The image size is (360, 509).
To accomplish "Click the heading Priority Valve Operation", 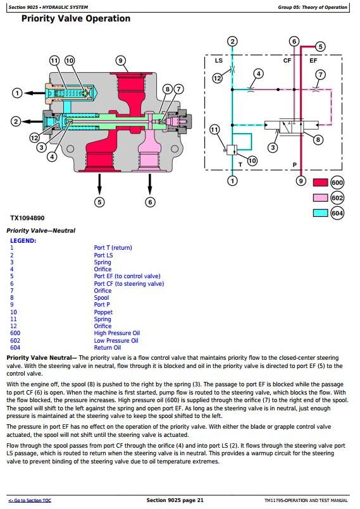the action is click(76, 18).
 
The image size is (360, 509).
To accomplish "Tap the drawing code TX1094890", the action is click(27, 218).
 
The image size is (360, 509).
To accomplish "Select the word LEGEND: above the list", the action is click(23, 241).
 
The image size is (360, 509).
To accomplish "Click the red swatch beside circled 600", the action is click(320, 183).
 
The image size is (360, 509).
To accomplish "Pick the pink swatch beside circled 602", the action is click(320, 198).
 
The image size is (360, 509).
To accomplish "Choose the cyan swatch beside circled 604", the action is click(320, 213).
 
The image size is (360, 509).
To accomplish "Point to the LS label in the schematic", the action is click(219, 61).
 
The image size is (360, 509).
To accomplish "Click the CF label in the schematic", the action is click(287, 61).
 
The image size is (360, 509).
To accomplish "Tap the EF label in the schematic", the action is click(313, 61).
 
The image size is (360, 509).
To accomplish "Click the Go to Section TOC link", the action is click(30, 501).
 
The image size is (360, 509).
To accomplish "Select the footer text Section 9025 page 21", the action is click(175, 500).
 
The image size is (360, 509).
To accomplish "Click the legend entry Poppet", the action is click(103, 312).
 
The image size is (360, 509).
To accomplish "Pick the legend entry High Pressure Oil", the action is click(117, 333).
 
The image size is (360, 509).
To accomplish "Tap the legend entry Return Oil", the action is click(107, 347).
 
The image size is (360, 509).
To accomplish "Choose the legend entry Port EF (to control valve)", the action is click(127, 276).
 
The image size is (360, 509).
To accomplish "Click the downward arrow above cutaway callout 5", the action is click(99, 185).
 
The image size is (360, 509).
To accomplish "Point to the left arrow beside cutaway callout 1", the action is click(35, 93).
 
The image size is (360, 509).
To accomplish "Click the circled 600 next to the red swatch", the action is click(337, 183).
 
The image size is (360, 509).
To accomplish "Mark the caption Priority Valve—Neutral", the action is click(41, 231).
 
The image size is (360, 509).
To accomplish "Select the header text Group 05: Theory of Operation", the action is click(313, 7).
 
